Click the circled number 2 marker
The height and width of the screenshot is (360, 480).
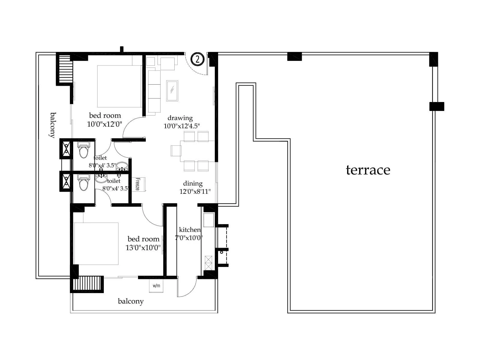(197, 59)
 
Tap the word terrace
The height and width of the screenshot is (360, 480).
(368, 170)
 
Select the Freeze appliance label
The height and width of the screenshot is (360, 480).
(138, 184)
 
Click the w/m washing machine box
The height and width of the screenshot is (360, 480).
(156, 286)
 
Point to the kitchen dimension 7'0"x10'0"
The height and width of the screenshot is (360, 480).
(189, 238)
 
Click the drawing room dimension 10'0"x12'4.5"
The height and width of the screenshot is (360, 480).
(181, 126)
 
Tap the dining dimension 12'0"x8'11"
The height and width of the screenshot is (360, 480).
(195, 191)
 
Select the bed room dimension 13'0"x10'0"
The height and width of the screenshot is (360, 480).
(143, 248)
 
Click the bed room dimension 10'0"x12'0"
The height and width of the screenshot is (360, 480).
(104, 124)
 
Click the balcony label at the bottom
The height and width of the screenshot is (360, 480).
(130, 301)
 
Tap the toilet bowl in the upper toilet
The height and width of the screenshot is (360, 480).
(83, 150)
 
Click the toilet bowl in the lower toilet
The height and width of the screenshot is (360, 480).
(83, 183)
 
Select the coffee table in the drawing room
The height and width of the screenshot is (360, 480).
(172, 91)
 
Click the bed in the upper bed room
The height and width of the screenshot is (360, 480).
(119, 86)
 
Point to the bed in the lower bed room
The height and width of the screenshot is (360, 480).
(96, 244)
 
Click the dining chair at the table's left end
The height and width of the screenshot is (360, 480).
(176, 151)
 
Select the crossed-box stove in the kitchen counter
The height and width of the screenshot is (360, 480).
(208, 262)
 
